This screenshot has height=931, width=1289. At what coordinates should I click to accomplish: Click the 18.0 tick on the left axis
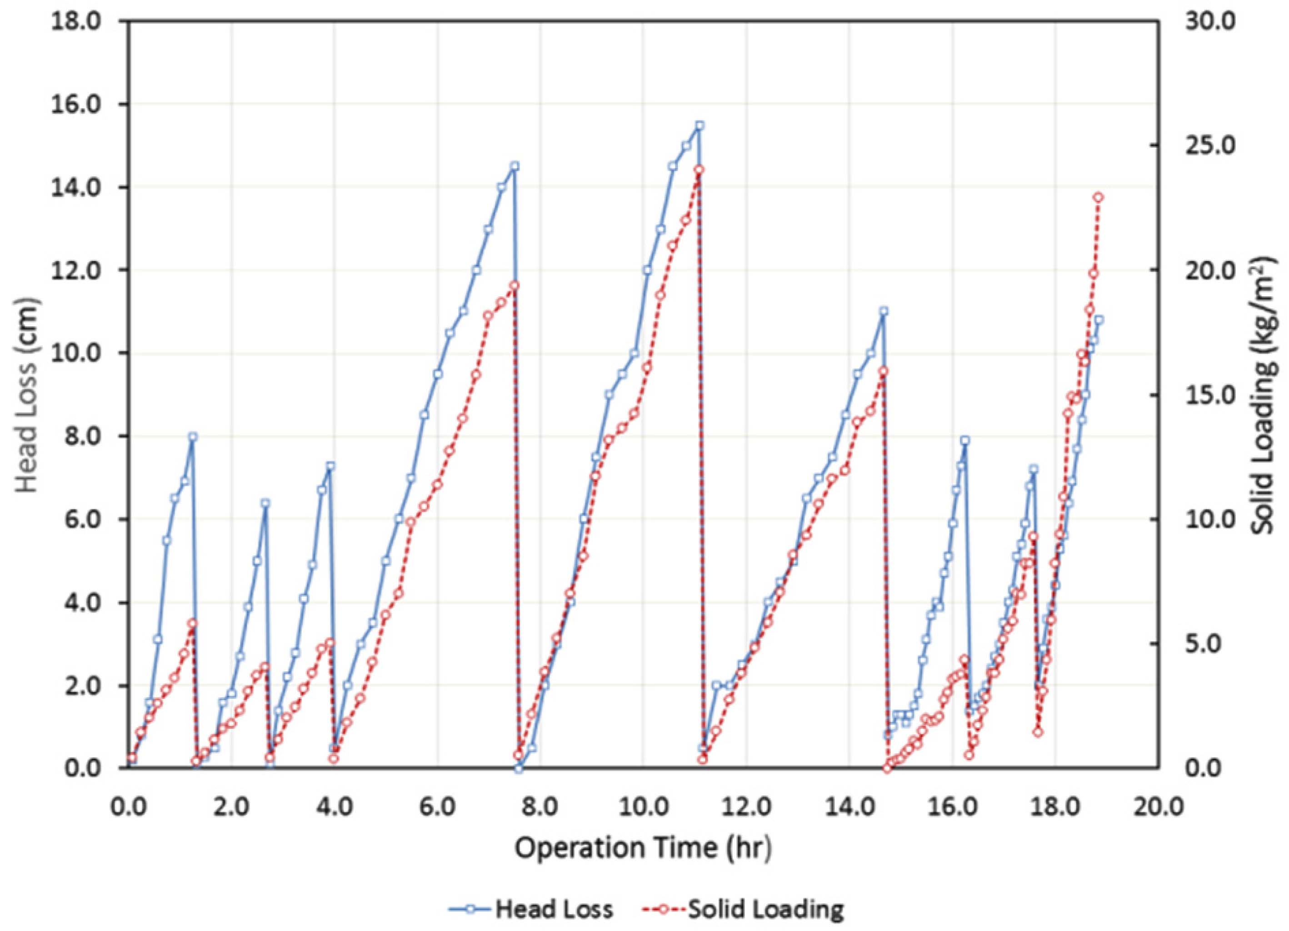click(84, 23)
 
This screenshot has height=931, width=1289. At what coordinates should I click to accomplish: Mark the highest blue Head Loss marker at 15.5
click(699, 125)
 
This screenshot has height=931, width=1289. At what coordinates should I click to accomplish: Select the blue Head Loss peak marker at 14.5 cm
click(515, 166)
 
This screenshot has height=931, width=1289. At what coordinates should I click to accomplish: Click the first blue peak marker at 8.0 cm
click(193, 436)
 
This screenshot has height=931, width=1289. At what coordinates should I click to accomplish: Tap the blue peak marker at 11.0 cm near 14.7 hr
click(884, 311)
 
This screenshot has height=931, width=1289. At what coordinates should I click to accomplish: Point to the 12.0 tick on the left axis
click(84, 270)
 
